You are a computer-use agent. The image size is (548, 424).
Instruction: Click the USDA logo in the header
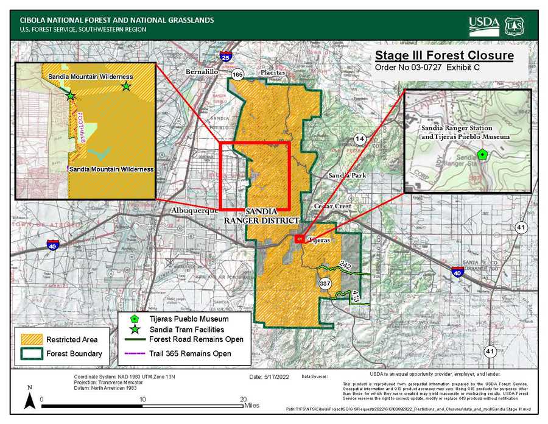tap(483, 26)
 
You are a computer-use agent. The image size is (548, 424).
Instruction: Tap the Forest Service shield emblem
tap(514, 26)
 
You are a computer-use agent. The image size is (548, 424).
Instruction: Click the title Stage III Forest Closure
tap(444, 56)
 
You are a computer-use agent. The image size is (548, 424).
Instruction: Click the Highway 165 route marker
tap(237, 75)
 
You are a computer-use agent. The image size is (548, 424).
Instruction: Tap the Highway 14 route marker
tap(360, 140)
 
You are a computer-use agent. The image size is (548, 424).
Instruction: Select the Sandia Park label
tap(346, 175)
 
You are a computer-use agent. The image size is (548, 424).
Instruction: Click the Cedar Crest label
tap(332, 206)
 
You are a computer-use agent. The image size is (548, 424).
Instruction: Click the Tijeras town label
tap(319, 240)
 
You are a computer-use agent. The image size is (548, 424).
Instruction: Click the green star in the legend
tap(135, 329)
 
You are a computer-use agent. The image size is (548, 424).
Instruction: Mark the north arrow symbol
tap(29, 400)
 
